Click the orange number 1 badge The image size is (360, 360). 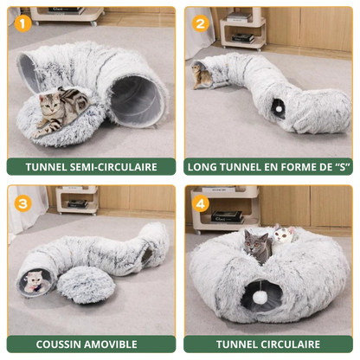point(24,23)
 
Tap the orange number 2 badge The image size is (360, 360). point(200,23)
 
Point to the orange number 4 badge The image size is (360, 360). point(202,206)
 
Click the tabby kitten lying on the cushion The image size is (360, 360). point(58,112)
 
